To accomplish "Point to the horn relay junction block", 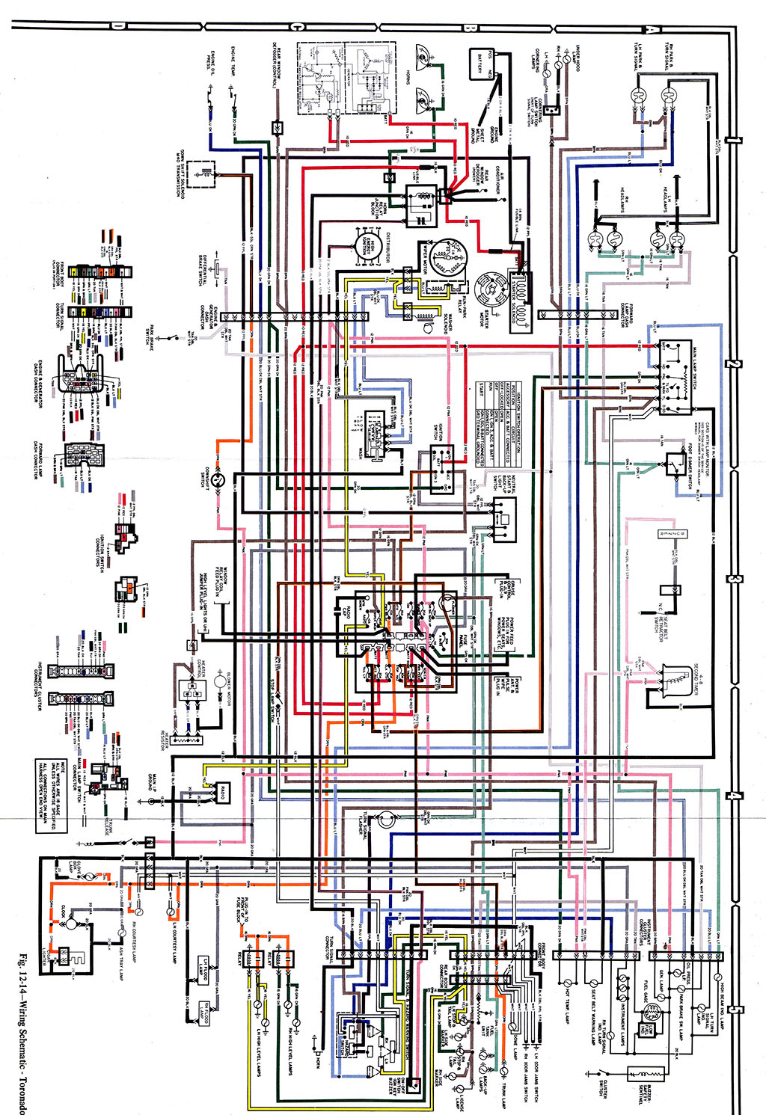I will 420,205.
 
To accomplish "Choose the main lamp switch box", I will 674,378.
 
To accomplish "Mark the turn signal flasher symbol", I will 384,820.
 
